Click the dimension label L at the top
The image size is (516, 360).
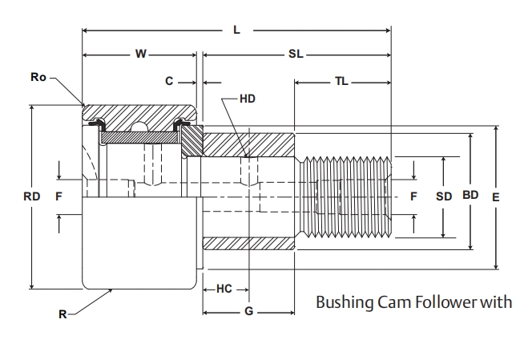pyautogui.click(x=236, y=30)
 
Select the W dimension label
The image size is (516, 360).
pyautogui.click(x=141, y=55)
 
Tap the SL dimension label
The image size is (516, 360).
pyautogui.click(x=296, y=55)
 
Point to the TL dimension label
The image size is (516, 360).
pyautogui.click(x=341, y=82)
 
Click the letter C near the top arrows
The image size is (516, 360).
pyautogui.click(x=168, y=82)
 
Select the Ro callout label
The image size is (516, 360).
pyautogui.click(x=38, y=78)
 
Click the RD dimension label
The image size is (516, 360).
pyautogui.click(x=31, y=196)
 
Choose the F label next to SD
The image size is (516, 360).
pyautogui.click(x=413, y=196)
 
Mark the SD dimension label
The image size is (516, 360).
pyautogui.click(x=444, y=196)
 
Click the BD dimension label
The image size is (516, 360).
pyautogui.click(x=470, y=195)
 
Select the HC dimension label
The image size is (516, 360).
pyautogui.click(x=224, y=289)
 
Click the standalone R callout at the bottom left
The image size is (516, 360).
pyautogui.click(x=63, y=314)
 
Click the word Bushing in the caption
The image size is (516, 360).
pyautogui.click(x=345, y=303)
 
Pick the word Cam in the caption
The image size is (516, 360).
pyautogui.click(x=393, y=302)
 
